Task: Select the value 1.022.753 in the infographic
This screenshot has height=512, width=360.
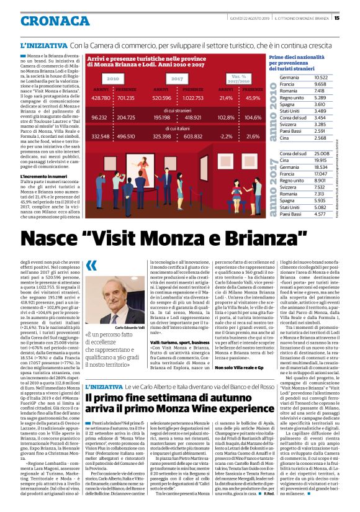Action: tap(192, 98)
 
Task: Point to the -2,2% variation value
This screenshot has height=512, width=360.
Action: tap(226, 136)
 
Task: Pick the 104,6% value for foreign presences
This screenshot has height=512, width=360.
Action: tap(253, 117)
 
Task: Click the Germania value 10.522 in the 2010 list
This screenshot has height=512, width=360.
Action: tap(320, 78)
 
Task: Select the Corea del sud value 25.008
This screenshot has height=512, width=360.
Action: tap(320, 153)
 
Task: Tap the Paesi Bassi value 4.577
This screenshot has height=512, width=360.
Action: tap(320, 213)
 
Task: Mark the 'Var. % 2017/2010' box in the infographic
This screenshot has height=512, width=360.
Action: tap(239, 79)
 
